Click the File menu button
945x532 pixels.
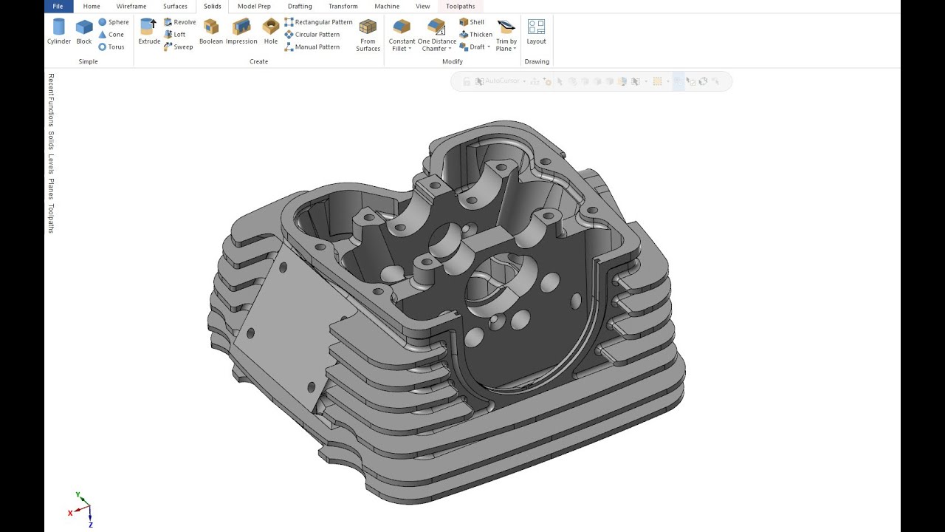click(58, 7)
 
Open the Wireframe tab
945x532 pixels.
click(131, 7)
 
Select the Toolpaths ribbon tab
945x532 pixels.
click(460, 7)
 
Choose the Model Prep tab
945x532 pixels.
click(254, 7)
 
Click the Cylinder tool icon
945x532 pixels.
click(59, 27)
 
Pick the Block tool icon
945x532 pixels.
click(84, 27)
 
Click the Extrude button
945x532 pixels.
click(149, 27)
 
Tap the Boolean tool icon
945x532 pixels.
click(211, 27)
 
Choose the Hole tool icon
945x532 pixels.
click(271, 27)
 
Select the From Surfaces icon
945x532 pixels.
click(368, 27)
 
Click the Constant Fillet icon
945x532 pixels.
click(402, 27)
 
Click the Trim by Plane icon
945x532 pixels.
click(506, 27)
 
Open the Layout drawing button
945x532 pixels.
click(537, 27)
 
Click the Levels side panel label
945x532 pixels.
click(51, 164)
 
